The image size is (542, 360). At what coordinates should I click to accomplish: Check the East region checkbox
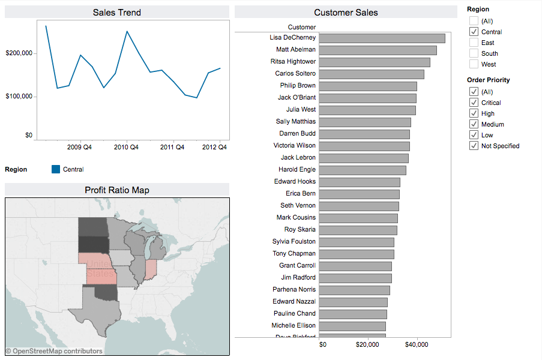474,43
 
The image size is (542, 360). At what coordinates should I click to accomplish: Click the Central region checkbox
474,32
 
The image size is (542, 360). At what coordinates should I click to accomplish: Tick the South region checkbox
474,53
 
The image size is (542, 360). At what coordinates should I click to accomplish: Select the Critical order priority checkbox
474,103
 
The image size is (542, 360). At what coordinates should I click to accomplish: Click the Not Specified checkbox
474,146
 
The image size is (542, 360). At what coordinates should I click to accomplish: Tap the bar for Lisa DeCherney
382,38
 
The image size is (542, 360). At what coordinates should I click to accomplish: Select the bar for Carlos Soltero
371,74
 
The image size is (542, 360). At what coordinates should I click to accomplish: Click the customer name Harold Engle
297,170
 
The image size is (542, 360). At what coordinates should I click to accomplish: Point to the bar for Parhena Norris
354,290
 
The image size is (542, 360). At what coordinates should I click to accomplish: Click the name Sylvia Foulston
294,242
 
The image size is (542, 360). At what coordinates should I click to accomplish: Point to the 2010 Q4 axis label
127,147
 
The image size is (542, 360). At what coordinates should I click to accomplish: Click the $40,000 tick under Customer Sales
417,345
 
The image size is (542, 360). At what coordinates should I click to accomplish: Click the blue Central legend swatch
56,170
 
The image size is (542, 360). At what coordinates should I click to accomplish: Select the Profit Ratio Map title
117,190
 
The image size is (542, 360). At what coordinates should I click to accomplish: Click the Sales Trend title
117,13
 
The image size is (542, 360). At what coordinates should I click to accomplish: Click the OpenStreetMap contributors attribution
54,351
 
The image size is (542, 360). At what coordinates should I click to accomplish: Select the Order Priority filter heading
489,80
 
